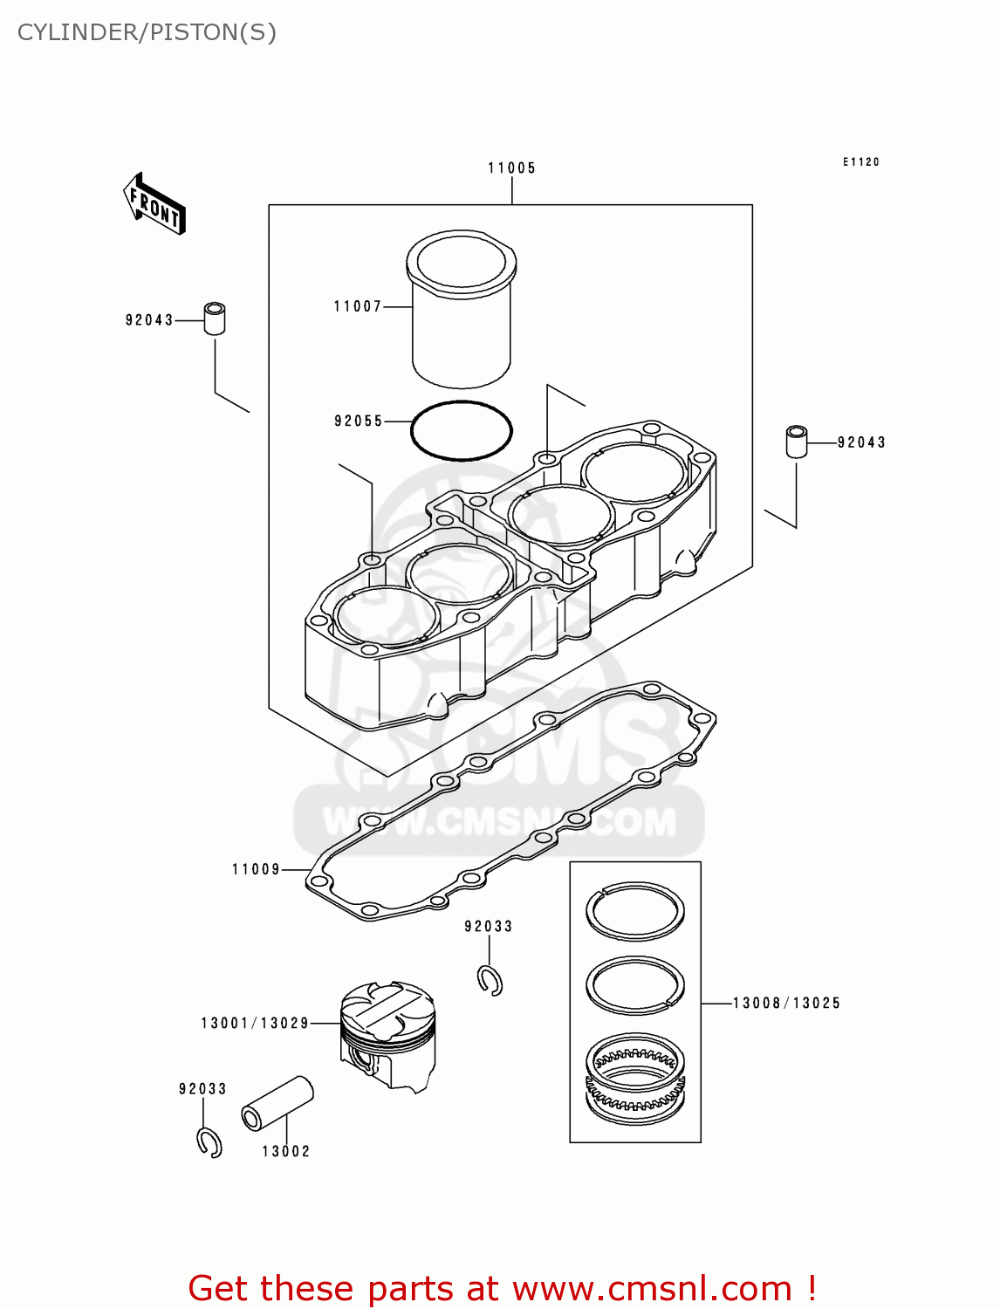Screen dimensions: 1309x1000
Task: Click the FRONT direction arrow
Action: (x=154, y=204)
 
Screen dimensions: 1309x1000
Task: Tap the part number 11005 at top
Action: (x=511, y=168)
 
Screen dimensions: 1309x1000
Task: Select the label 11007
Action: (x=358, y=306)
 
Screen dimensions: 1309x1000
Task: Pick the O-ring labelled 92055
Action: (x=462, y=430)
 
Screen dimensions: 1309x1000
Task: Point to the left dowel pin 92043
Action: (x=215, y=319)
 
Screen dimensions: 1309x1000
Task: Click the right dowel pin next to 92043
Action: (x=796, y=442)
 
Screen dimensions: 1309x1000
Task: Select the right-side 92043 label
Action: (x=861, y=442)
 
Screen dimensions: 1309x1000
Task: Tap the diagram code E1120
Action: (x=861, y=162)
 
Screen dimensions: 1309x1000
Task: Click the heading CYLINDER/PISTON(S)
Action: (x=147, y=32)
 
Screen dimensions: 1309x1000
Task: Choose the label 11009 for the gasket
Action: (x=256, y=869)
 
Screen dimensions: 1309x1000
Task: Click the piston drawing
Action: (x=387, y=1035)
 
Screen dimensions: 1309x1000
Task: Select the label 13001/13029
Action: (x=255, y=1023)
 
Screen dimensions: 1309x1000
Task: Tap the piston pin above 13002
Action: (x=277, y=1103)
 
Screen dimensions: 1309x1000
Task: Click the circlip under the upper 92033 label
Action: (x=490, y=981)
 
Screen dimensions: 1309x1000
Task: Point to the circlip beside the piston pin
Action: (x=209, y=1142)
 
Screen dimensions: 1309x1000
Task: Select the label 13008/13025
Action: (x=786, y=1004)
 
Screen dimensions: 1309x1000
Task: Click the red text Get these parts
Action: (x=502, y=1288)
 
